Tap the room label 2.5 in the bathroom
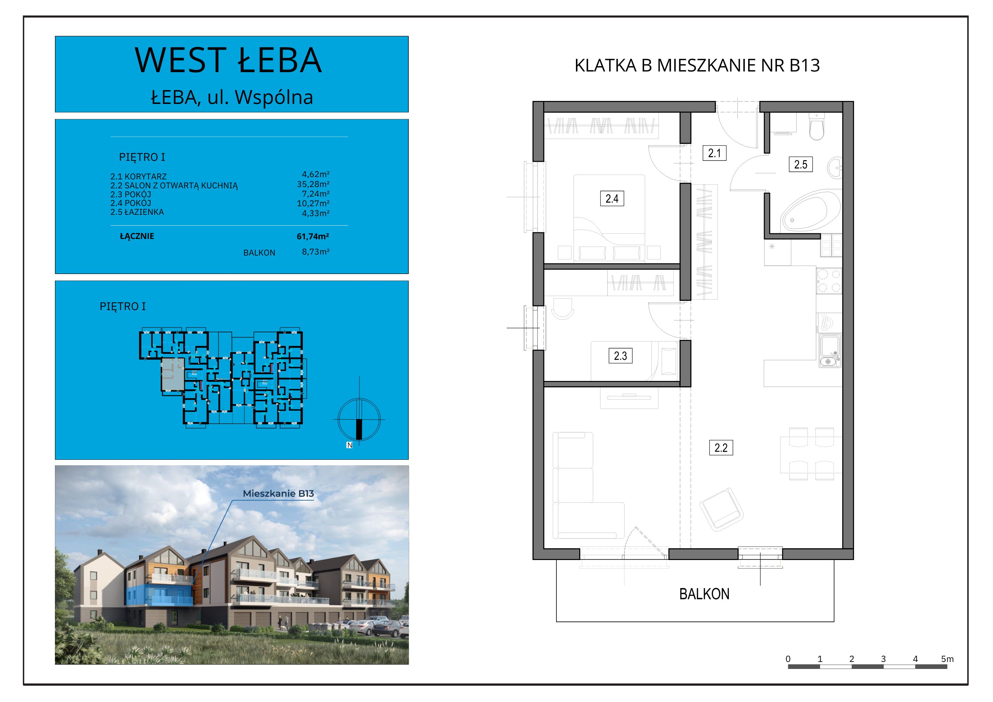pos(801,164)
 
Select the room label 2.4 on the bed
pos(612,199)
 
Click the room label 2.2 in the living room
pos(721,448)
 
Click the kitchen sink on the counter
pos(829,351)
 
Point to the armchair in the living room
pos(721,509)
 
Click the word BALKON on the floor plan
pos(704,594)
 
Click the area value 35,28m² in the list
pos(313,184)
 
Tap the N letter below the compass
pos(350,445)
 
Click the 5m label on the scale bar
pos(947,659)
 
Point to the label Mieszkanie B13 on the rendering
pos(278,493)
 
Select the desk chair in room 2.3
pos(563,308)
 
